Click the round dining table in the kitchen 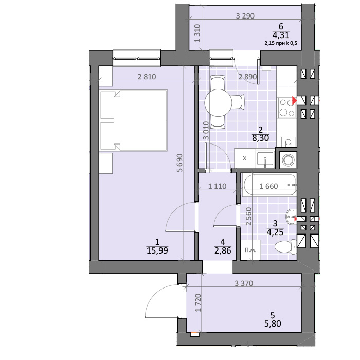pyautogui.click(x=218, y=102)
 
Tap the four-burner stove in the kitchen pyautogui.click(x=287, y=107)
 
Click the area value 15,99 pyautogui.click(x=157, y=250)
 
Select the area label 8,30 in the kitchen pyautogui.click(x=260, y=138)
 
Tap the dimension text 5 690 pyautogui.click(x=180, y=163)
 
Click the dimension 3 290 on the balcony pyautogui.click(x=245, y=16)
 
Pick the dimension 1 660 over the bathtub pyautogui.click(x=268, y=186)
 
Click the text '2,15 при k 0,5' pyautogui.click(x=281, y=43)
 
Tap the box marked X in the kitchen pyautogui.click(x=244, y=158)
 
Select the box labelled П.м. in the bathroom pyautogui.click(x=250, y=250)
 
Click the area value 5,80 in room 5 pyautogui.click(x=273, y=323)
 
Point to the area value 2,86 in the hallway pyautogui.click(x=223, y=250)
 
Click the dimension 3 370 pyautogui.click(x=244, y=283)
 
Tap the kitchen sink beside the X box pyautogui.click(x=265, y=158)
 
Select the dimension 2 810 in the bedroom pyautogui.click(x=147, y=77)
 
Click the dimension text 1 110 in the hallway pyautogui.click(x=217, y=186)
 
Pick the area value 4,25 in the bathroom pyautogui.click(x=275, y=232)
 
